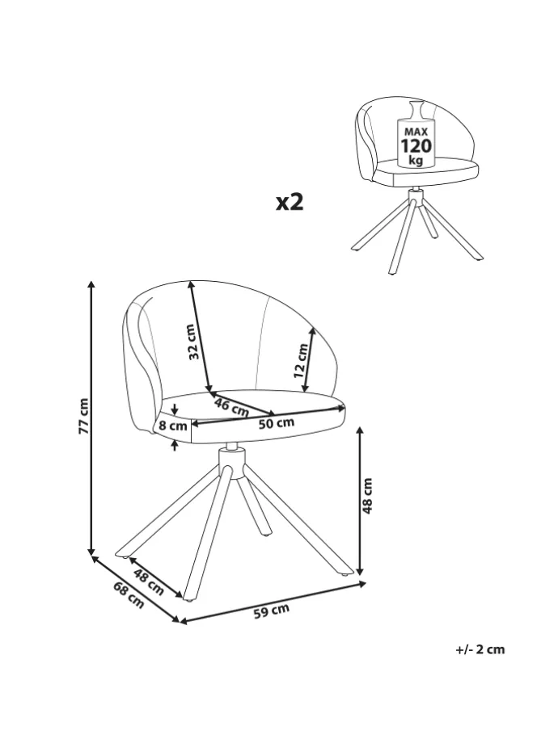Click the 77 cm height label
82,417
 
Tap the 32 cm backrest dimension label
192,342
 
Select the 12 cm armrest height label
301,361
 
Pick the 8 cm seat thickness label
173,426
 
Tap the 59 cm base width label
271,611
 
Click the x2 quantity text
289,201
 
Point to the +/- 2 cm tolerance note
480,649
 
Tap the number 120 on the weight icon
416,146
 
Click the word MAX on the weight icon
416,131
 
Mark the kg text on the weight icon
416,160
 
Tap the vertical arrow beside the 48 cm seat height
360,501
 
